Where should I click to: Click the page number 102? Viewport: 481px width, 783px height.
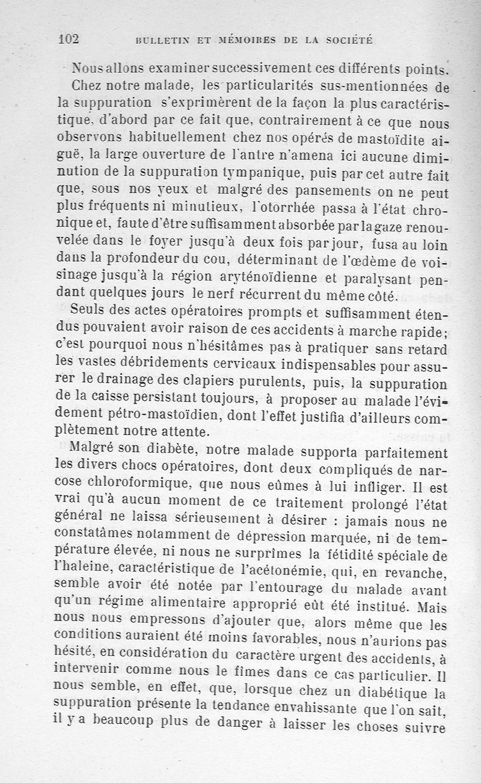click(69, 39)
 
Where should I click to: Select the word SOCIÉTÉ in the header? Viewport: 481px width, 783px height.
click(347, 40)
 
